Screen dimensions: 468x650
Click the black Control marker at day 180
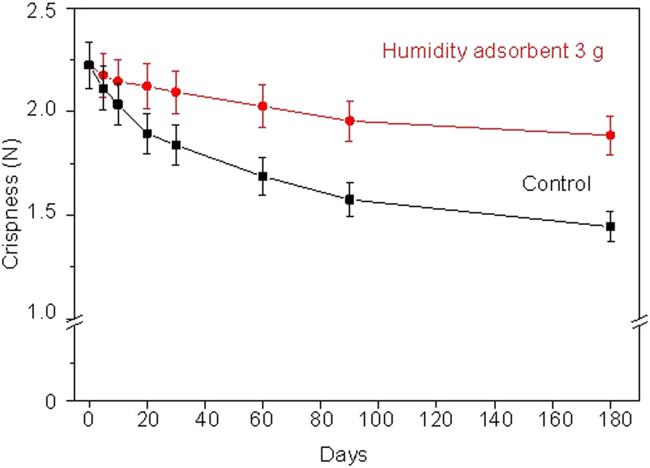click(609, 226)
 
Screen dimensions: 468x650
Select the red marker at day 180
click(609, 135)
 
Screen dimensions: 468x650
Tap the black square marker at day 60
click(263, 176)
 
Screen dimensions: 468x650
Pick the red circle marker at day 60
click(263, 106)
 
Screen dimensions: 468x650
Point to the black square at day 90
click(349, 199)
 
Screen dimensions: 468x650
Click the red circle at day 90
click(349, 120)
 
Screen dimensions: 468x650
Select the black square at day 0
click(89, 65)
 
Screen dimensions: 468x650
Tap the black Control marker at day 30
click(176, 144)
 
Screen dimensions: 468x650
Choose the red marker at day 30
click(176, 92)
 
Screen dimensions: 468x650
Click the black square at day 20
click(147, 133)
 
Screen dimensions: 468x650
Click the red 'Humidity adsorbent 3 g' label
click(493, 51)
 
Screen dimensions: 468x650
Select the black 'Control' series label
click(556, 184)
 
